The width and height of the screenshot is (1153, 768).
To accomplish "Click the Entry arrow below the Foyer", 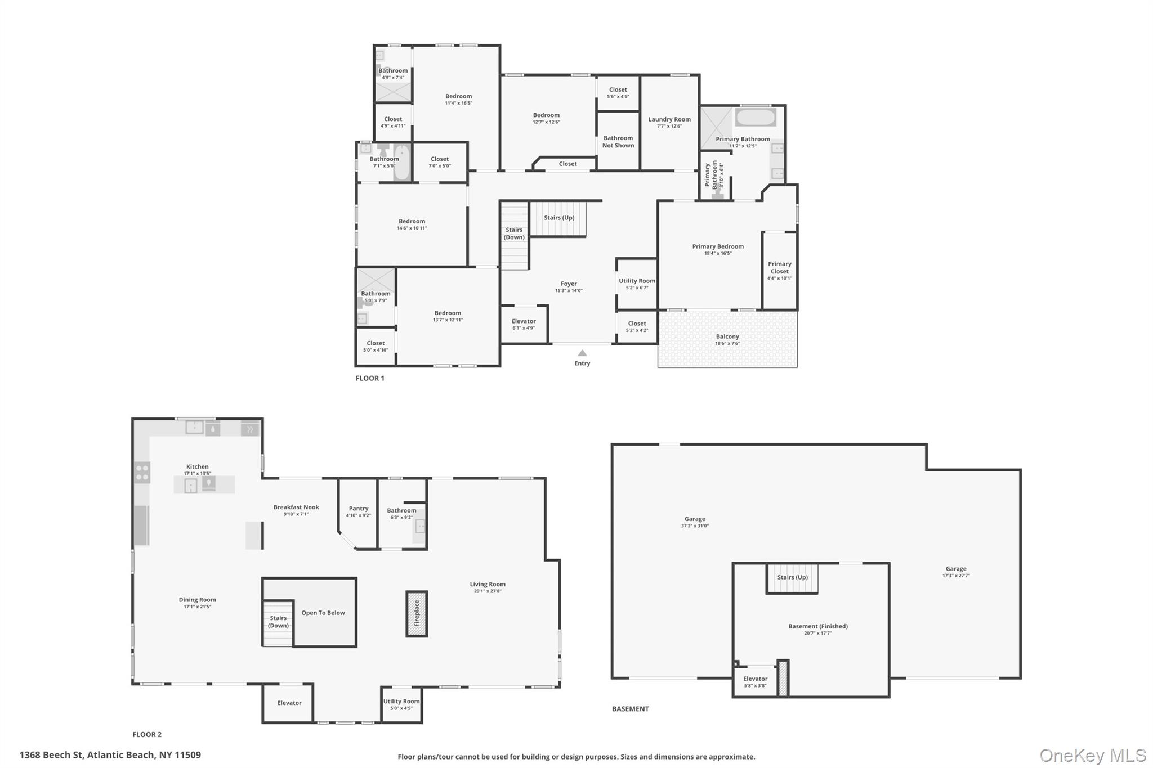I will point(582,353).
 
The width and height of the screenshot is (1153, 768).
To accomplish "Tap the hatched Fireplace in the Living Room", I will point(417,614).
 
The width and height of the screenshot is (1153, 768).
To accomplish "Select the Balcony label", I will point(727,336).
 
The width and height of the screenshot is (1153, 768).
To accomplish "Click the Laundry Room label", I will point(669,119).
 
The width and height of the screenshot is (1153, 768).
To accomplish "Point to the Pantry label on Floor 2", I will point(359,509).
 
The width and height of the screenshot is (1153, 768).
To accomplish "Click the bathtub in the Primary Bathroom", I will point(756,118).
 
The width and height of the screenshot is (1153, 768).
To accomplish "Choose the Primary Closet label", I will point(780,267).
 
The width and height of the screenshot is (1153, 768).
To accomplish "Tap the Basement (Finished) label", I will point(818,626).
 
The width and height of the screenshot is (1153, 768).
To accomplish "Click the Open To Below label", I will point(323,613).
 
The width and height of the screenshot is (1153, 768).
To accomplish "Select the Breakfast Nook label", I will point(296,507).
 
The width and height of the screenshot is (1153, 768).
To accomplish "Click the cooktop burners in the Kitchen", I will point(142,472).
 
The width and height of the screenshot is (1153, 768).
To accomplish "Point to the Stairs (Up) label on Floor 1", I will point(559,218).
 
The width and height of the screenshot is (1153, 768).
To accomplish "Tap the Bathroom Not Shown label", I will point(618,142).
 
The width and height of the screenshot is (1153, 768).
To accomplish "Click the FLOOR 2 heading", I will point(147,734).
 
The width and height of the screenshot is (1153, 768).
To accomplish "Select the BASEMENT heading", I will point(631,709).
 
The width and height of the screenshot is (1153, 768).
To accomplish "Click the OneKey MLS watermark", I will point(1093,755).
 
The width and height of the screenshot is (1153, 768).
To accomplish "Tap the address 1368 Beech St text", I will point(110,755).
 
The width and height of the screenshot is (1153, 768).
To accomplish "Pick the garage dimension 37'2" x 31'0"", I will point(695,526).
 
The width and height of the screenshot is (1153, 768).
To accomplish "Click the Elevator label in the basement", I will point(755,679).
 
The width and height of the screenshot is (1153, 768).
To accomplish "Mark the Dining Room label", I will point(198,600).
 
